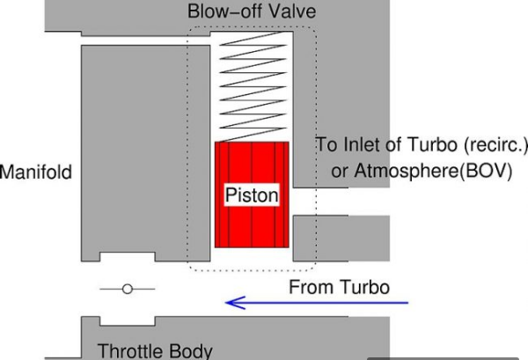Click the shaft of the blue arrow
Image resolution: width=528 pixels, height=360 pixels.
point(334,303)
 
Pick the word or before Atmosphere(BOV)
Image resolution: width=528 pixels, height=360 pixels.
point(340,172)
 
